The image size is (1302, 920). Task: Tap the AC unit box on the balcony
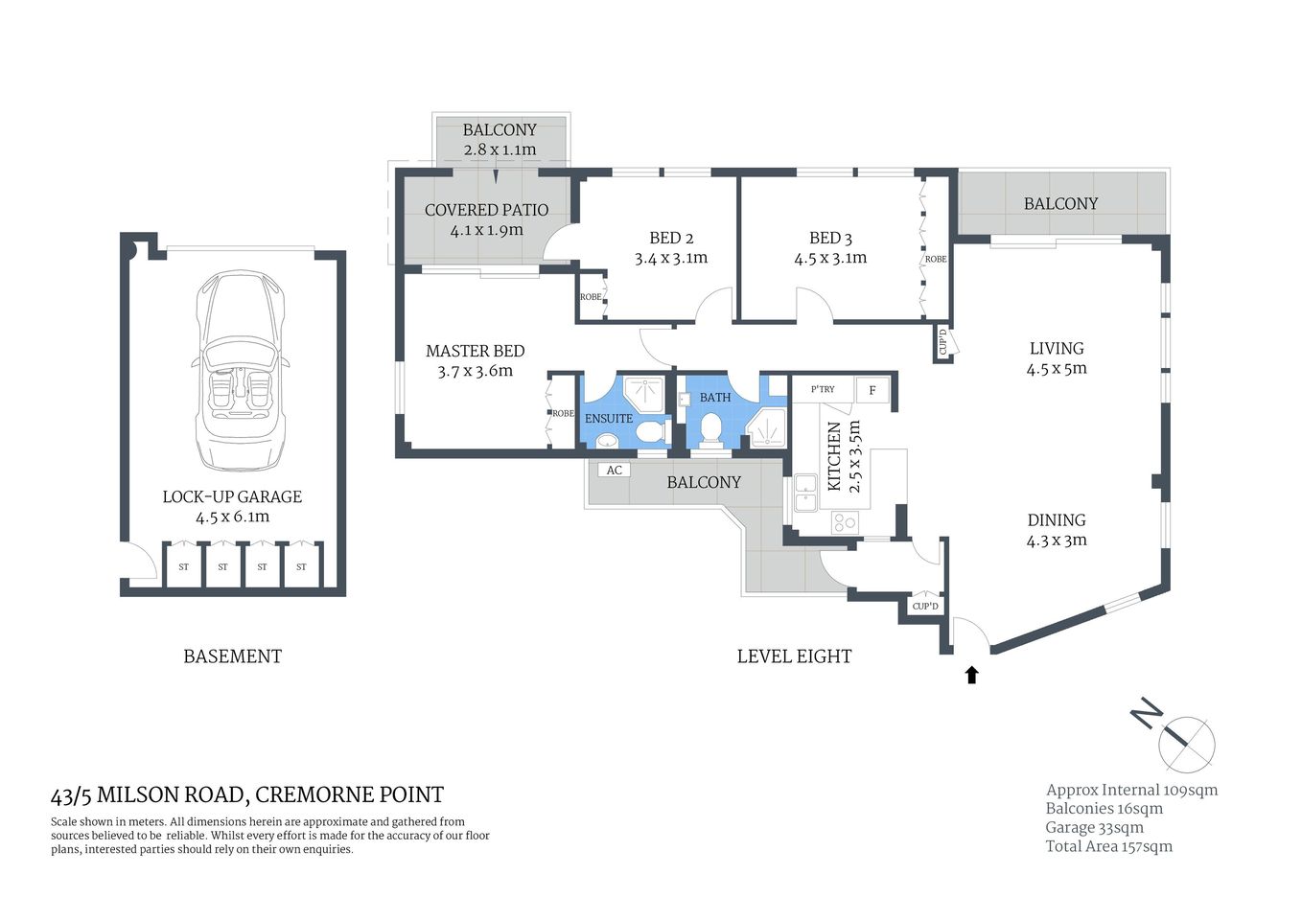pyautogui.click(x=614, y=470)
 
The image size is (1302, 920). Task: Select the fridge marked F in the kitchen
pyautogui.click(x=872, y=390)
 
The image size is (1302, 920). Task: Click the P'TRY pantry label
pyautogui.click(x=823, y=389)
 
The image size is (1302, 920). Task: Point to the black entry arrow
pyautogui.click(x=971, y=675)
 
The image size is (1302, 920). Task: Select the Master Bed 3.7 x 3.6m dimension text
pyautogui.click(x=475, y=371)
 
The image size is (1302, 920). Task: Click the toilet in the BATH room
pyautogui.click(x=711, y=430)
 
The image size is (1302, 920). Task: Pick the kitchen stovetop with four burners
pyautogui.click(x=845, y=522)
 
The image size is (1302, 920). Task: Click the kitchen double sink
pyautogui.click(x=804, y=493)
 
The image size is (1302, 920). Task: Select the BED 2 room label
pyautogui.click(x=671, y=238)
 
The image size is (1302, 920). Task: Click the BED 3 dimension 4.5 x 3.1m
pyautogui.click(x=830, y=258)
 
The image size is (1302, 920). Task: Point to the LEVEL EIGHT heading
pyautogui.click(x=794, y=656)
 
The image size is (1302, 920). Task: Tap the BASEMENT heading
pyautogui.click(x=232, y=656)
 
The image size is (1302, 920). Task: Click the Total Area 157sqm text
pyautogui.click(x=1108, y=846)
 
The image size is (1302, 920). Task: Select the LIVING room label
pyautogui.click(x=1057, y=349)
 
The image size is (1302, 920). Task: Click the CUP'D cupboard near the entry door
pyautogui.click(x=925, y=607)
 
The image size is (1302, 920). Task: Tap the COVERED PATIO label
pyautogui.click(x=486, y=210)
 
